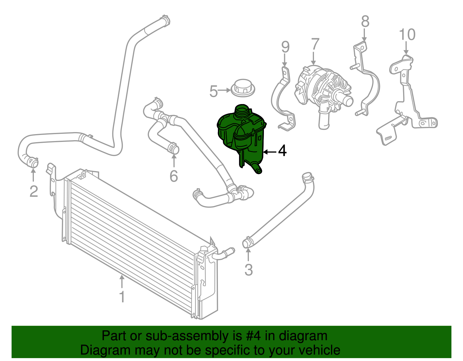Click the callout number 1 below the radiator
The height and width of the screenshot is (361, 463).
(122, 297)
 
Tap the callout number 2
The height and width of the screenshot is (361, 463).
(34, 191)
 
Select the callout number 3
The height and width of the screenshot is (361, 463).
(249, 270)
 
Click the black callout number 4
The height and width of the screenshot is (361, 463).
(282, 151)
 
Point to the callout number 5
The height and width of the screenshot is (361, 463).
(213, 91)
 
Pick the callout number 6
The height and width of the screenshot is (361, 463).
(174, 176)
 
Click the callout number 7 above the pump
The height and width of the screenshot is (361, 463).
(315, 45)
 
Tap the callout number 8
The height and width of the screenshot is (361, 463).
(365, 22)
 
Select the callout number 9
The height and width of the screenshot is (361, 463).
(285, 47)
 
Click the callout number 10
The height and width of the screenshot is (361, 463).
(407, 35)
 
